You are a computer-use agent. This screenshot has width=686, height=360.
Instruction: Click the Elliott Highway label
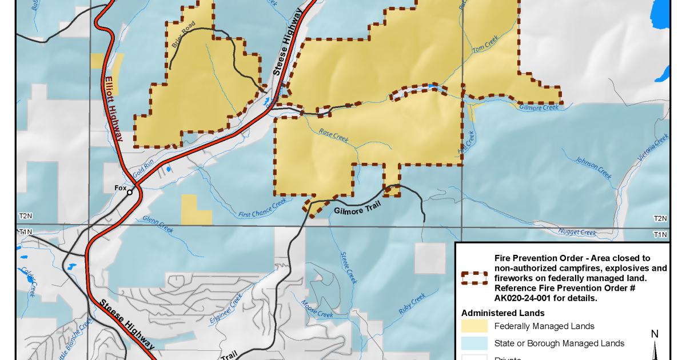pos(113,109)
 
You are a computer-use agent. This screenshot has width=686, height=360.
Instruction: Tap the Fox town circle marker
pos(130,193)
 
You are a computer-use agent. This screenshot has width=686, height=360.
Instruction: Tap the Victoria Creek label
pos(654,147)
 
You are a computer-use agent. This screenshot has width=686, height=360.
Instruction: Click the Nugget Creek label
pos(578,233)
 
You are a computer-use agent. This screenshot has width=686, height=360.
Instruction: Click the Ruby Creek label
pos(412,305)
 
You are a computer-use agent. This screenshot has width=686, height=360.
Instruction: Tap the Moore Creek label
pos(317,309)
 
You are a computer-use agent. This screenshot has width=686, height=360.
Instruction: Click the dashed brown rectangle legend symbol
pos(474,278)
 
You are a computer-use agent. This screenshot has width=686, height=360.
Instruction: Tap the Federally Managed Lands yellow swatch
pos(474,326)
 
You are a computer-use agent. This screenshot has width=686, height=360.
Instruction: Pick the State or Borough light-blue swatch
pos(474,343)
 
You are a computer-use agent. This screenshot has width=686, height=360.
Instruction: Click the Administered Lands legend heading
pos(502,313)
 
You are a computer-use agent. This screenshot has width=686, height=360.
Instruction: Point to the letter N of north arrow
pos(655,334)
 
